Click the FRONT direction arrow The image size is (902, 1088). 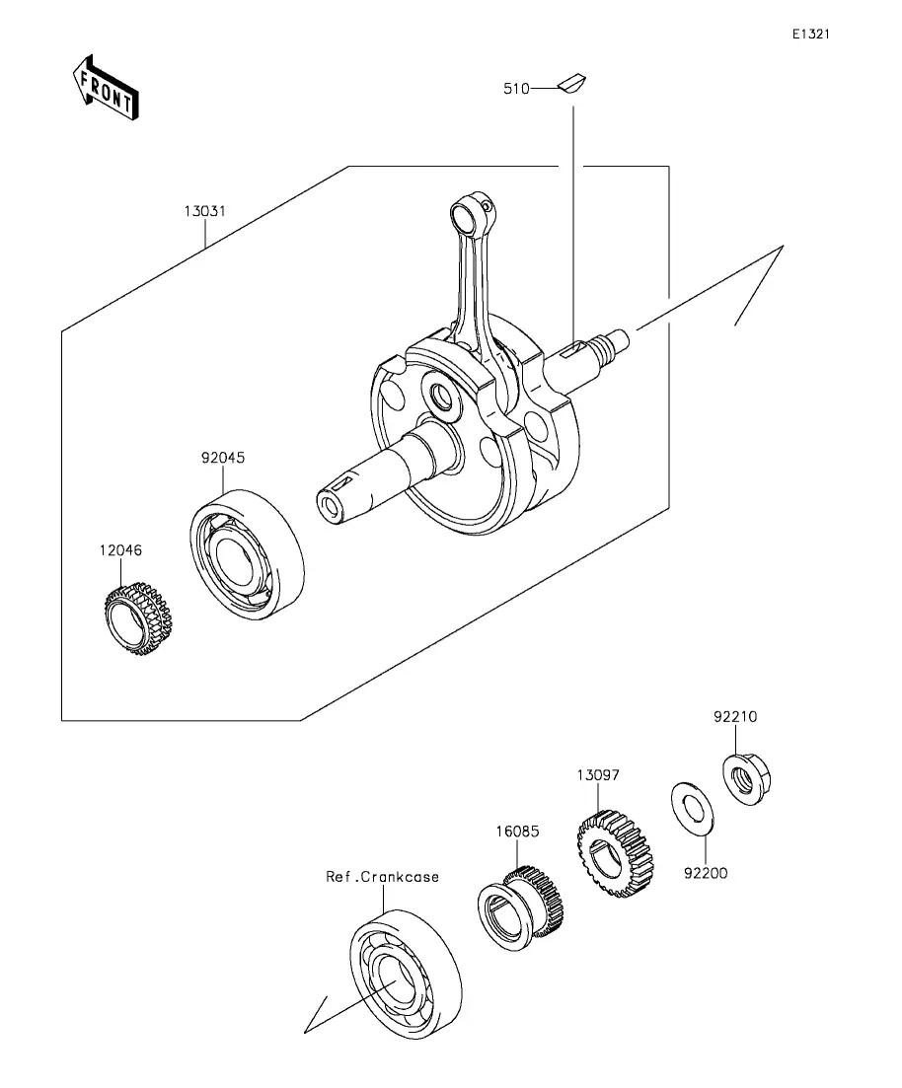[x=107, y=88]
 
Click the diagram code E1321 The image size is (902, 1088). [x=811, y=34]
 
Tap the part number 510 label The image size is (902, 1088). [x=516, y=89]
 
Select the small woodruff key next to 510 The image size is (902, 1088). [x=571, y=83]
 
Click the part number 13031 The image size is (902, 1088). [x=205, y=211]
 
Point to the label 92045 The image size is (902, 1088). [x=223, y=458]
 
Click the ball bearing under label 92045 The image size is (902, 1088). [x=247, y=553]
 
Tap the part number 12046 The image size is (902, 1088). [x=120, y=550]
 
